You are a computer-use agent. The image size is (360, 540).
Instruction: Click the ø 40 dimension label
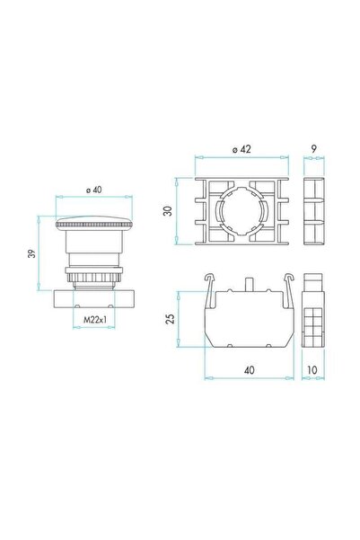(92, 189)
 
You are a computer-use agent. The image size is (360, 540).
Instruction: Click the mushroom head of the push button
(92, 225)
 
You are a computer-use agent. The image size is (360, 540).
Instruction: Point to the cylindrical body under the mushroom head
(92, 251)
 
